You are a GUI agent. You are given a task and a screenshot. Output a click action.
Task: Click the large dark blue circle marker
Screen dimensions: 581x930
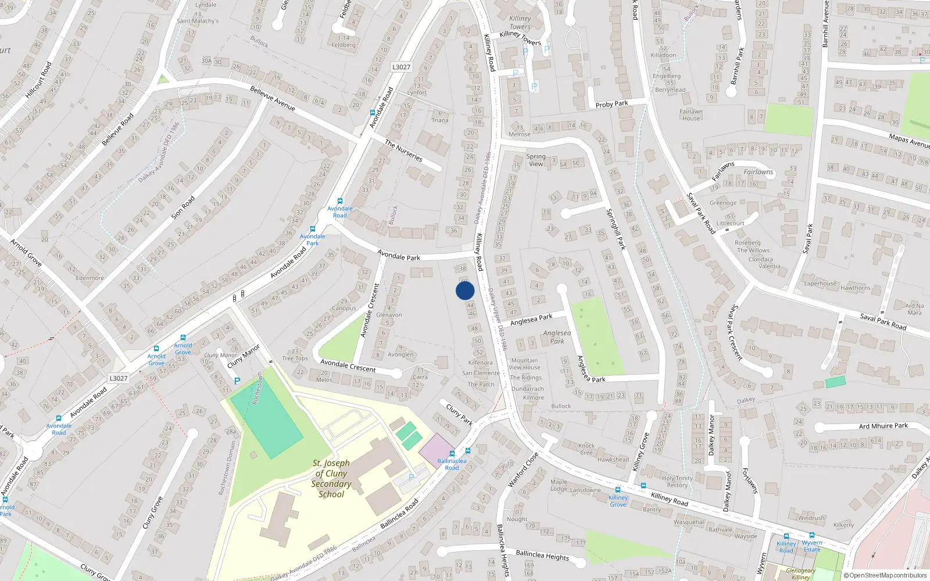click(x=465, y=290)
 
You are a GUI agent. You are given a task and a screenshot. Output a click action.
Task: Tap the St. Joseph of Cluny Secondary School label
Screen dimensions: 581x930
click(x=331, y=479)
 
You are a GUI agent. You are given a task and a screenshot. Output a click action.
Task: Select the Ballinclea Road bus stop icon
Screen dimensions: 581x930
click(x=452, y=454)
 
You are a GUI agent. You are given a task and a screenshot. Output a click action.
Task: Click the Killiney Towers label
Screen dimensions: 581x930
click(x=520, y=23)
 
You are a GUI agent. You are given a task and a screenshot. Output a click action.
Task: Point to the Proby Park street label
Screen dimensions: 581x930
click(x=611, y=104)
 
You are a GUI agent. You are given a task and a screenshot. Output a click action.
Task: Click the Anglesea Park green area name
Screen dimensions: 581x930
click(x=557, y=337)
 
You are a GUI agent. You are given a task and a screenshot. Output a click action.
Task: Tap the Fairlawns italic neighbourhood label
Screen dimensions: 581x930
click(x=758, y=172)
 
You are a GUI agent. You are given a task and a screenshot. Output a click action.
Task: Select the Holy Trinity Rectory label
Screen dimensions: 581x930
click(x=677, y=482)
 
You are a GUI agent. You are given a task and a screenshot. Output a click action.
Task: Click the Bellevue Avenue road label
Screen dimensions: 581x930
click(x=273, y=98)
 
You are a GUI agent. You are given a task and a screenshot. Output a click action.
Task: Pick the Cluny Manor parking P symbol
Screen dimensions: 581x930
click(x=237, y=381)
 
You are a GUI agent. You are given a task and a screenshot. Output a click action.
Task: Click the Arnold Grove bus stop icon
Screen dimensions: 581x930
click(x=183, y=338)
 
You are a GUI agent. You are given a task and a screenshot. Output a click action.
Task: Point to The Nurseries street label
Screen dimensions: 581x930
click(x=403, y=150)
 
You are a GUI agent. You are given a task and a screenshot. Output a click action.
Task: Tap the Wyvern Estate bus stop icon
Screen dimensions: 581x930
click(x=812, y=536)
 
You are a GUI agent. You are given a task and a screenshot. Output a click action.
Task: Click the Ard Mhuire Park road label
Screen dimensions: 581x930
click(x=883, y=426)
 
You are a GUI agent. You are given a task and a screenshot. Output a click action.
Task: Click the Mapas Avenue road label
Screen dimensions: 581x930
click(x=908, y=141)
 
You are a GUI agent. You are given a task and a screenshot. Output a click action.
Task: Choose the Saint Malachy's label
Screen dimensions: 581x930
click(x=198, y=21)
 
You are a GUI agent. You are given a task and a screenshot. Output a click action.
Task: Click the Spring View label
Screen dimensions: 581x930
click(x=536, y=160)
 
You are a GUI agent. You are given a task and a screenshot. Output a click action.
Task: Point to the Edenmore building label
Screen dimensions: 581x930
click(x=90, y=278)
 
